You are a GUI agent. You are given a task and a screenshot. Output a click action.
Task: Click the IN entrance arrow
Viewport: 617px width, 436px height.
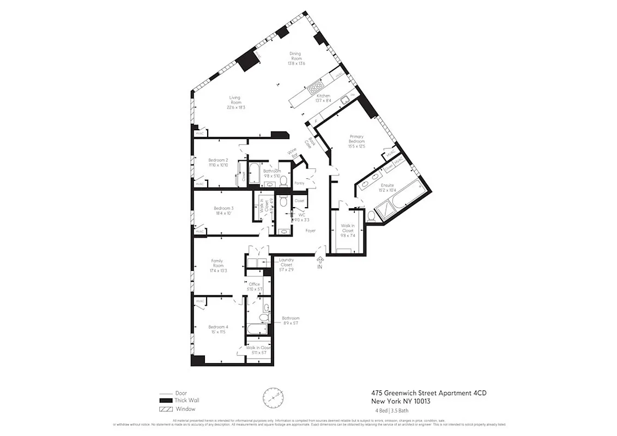pyautogui.click(x=320, y=262)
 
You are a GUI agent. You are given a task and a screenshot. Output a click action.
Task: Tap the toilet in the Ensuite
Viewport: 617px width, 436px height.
pyautogui.click(x=372, y=216)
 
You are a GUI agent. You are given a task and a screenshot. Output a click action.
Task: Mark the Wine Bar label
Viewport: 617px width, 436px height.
pyautogui.click(x=294, y=153)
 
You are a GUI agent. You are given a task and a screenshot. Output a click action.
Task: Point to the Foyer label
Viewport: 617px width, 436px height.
pyautogui.click(x=310, y=231)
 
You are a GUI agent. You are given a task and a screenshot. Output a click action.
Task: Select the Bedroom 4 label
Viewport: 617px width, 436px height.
pyautogui.click(x=218, y=327)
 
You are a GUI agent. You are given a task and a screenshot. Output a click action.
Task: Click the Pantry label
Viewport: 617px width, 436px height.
pyautogui.click(x=299, y=183)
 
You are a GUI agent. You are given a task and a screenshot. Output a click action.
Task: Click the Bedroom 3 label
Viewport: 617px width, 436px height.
pyautogui.click(x=223, y=208)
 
